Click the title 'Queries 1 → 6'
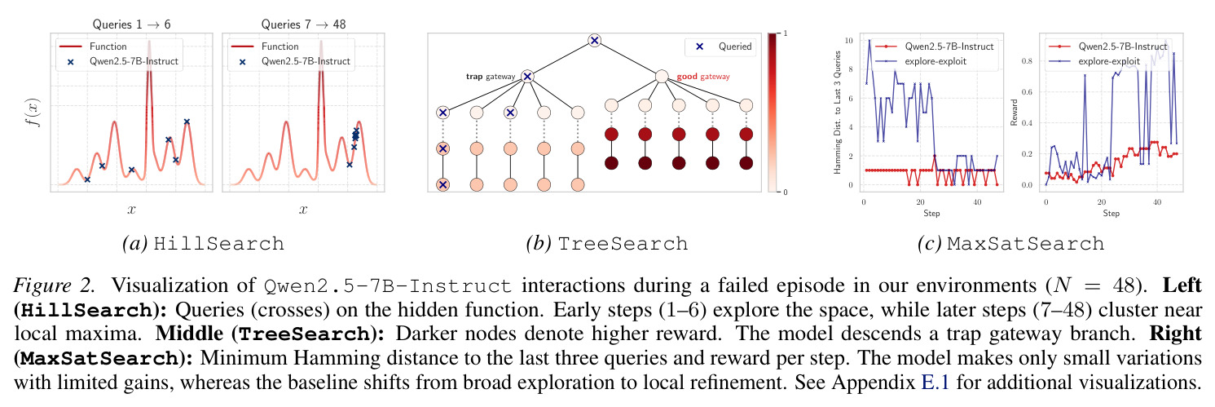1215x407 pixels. point(131,24)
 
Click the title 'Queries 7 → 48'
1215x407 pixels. point(303,24)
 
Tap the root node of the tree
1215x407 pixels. point(595,40)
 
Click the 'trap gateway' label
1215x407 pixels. point(491,77)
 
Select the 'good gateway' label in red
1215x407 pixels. point(703,77)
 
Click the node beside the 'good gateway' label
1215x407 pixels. point(661,77)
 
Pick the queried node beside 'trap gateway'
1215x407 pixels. point(526,77)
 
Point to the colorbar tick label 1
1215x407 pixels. point(786,33)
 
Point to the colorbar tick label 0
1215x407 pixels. point(786,192)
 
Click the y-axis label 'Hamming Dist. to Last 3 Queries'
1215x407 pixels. point(837,113)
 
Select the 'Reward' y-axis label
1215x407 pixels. point(1013,113)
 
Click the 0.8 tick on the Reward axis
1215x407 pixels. point(1027,61)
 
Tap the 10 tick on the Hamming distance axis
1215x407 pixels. point(848,41)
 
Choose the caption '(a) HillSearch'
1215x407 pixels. point(204,244)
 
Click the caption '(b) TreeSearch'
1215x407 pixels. point(607,244)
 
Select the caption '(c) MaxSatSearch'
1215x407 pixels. point(1011,244)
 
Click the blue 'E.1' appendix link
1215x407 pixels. point(935,383)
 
